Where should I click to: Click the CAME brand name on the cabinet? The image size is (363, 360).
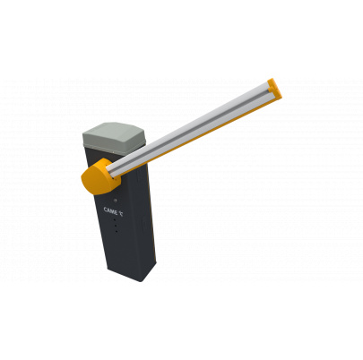(x=110, y=210)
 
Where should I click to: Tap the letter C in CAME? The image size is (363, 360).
(x=105, y=210)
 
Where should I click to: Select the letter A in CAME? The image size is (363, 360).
(x=108, y=210)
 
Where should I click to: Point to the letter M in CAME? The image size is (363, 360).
(x=112, y=211)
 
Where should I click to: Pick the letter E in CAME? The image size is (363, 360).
(x=117, y=212)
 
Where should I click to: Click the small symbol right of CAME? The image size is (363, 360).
(x=121, y=213)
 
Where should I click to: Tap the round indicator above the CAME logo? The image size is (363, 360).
(x=116, y=201)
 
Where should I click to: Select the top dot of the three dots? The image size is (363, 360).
(x=115, y=220)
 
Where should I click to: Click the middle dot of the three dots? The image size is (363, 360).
(x=116, y=226)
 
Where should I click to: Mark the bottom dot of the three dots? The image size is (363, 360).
(x=116, y=231)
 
